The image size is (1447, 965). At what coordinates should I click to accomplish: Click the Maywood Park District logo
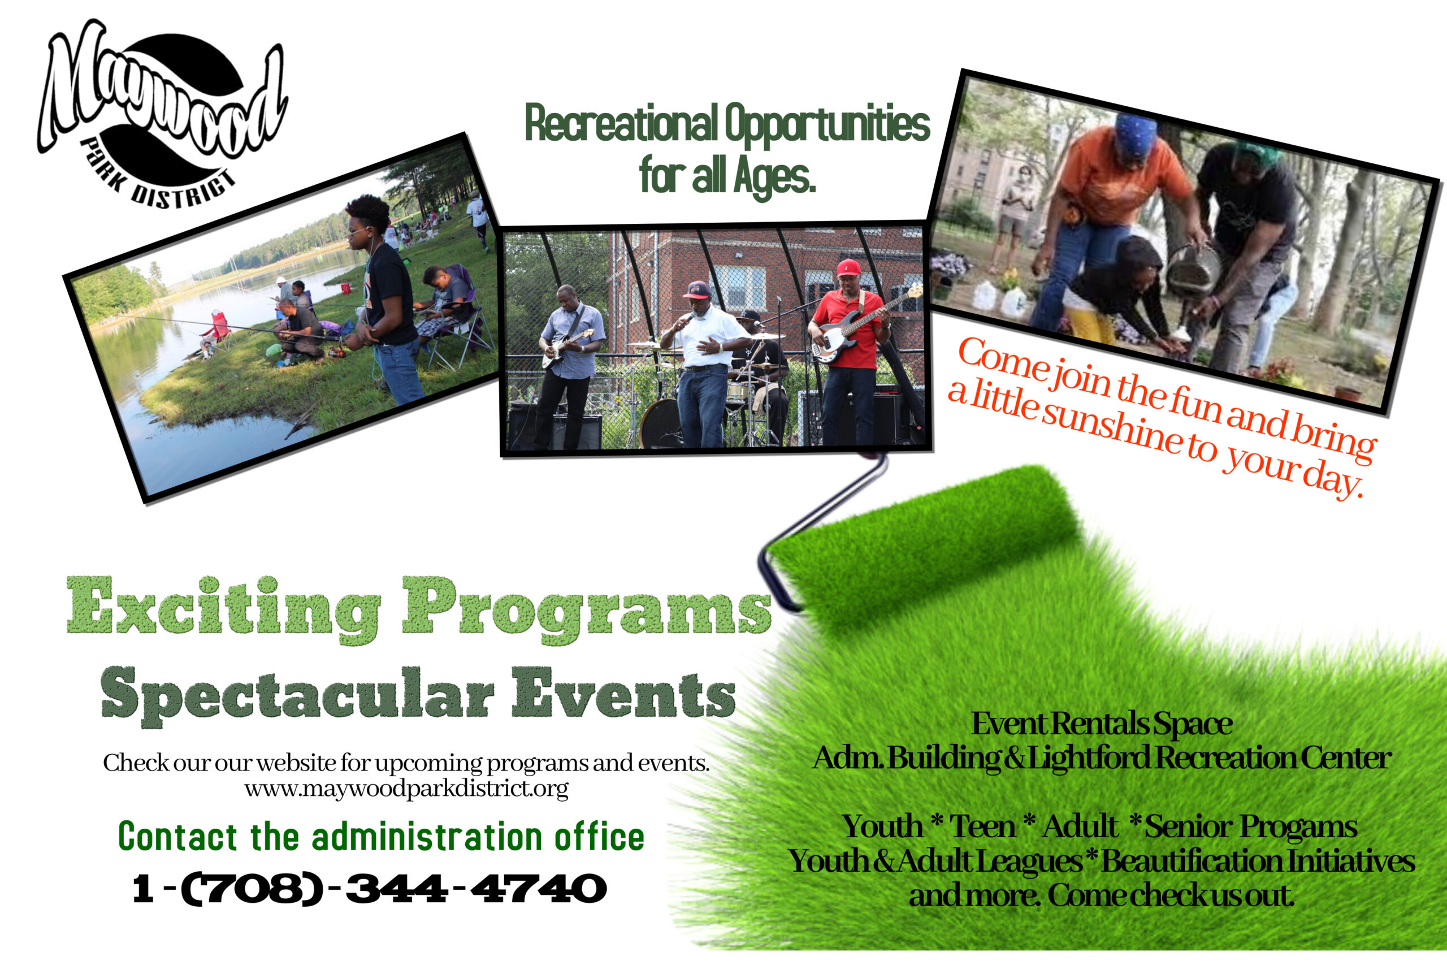click(x=161, y=114)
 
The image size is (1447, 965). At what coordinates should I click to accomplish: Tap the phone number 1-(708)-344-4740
click(x=370, y=889)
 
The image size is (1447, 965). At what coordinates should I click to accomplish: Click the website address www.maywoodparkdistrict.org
click(x=406, y=789)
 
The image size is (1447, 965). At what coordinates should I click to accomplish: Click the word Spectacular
click(x=297, y=695)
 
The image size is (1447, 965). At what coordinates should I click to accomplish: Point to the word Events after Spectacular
click(x=624, y=693)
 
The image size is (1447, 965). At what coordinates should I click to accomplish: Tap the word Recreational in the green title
click(x=621, y=123)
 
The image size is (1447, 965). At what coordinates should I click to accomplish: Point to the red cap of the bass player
click(x=848, y=269)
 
